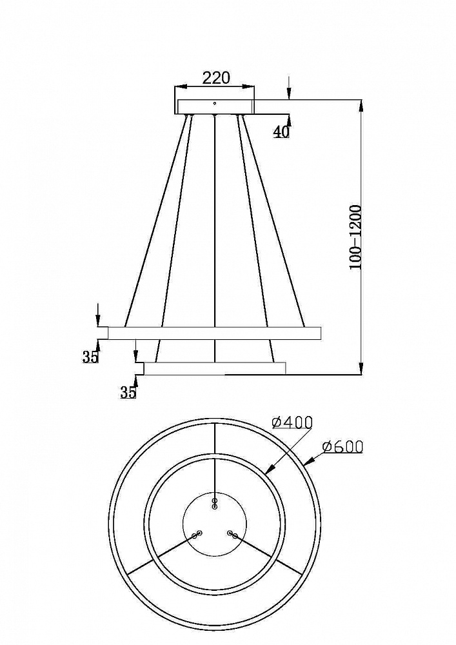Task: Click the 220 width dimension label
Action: click(216, 77)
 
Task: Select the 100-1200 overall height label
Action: click(355, 237)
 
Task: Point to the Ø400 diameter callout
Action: click(292, 422)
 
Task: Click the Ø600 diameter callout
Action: click(342, 446)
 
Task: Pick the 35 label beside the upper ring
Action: click(91, 357)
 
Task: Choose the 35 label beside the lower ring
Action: click(128, 392)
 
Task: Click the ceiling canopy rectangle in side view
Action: click(215, 106)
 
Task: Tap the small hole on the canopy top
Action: click(214, 103)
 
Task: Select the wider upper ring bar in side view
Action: click(214, 333)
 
